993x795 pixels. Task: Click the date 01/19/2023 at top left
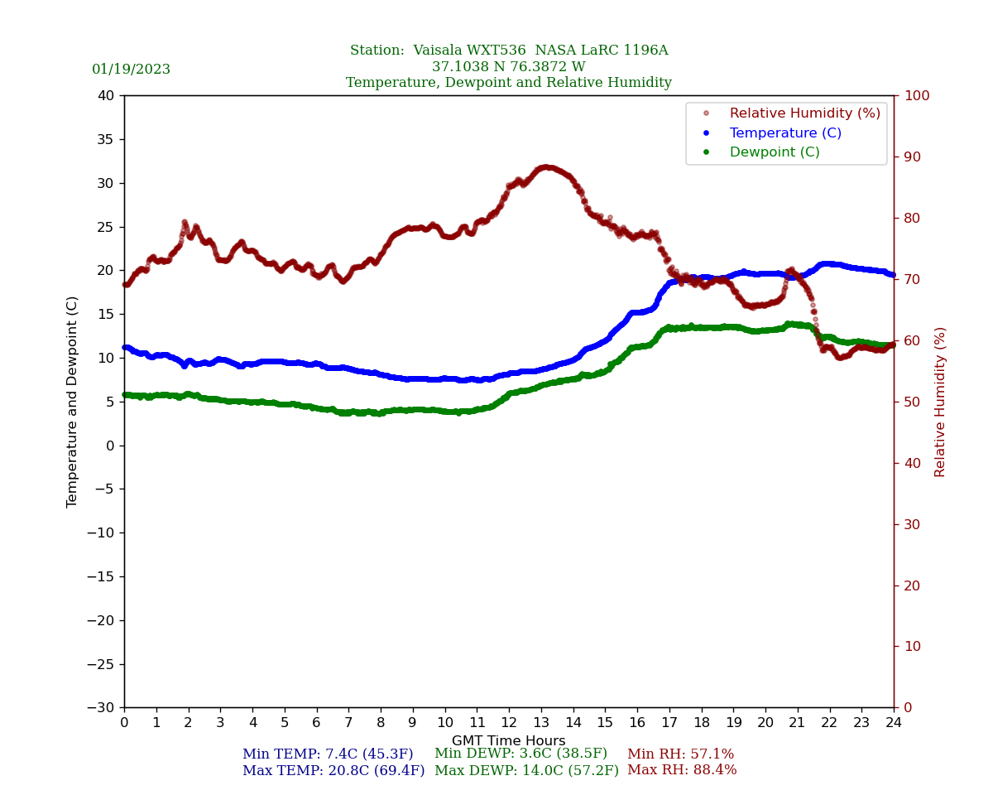click(x=131, y=70)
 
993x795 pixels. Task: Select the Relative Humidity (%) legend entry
click(x=804, y=113)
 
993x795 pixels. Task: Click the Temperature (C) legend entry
click(x=784, y=133)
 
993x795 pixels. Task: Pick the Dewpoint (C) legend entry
click(x=774, y=152)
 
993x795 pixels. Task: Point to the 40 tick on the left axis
click(x=105, y=96)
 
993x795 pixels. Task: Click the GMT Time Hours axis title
click(x=508, y=741)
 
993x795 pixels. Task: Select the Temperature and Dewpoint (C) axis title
click(x=73, y=402)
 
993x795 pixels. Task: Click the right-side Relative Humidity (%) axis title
click(x=940, y=402)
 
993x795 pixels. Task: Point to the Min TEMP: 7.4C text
click(x=328, y=754)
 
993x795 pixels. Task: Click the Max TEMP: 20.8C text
click(x=333, y=771)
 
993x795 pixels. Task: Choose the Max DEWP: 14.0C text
click(x=526, y=771)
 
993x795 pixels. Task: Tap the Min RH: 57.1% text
click(x=680, y=754)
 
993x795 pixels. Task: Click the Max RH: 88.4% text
click(x=682, y=770)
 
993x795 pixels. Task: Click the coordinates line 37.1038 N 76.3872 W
click(x=508, y=67)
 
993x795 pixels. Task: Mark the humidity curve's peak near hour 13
click(x=544, y=168)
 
